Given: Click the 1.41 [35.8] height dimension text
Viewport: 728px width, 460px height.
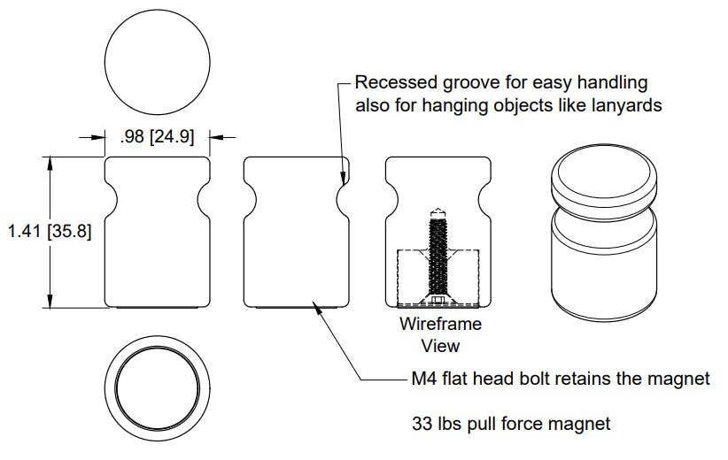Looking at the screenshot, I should coord(49,231).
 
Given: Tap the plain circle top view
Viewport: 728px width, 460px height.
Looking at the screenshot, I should coord(158,62).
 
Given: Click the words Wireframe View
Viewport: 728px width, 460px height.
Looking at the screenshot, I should coord(440,333).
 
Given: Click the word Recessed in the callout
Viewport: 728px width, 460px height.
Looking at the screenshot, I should coord(395,83).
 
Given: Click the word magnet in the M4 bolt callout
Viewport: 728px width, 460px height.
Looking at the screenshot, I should coord(681,379).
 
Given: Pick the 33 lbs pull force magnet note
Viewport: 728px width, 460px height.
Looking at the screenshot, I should coord(511,424).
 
